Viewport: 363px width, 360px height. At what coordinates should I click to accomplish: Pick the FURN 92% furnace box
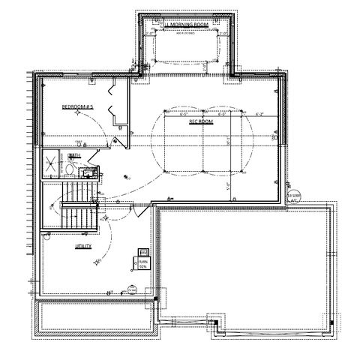142,263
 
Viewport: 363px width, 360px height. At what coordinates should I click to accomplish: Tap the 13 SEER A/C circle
295,196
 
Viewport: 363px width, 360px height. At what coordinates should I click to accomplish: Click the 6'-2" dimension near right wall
260,115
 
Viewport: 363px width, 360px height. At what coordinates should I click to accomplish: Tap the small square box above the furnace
142,251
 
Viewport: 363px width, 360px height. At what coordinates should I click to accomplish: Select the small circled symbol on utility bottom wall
132,289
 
